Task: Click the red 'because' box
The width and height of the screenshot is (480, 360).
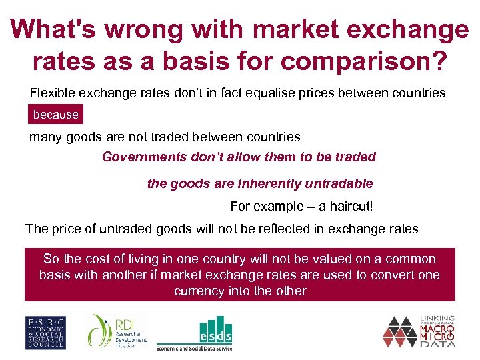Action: (56, 115)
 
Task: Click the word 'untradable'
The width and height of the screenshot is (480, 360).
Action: (339, 183)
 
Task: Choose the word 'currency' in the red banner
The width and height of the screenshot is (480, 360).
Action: (198, 291)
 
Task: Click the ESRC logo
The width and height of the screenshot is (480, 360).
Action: (45, 332)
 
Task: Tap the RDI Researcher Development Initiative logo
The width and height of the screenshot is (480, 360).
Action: (113, 331)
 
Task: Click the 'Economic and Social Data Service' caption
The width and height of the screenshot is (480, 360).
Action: (194, 347)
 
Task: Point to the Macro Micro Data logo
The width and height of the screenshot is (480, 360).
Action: (421, 331)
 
